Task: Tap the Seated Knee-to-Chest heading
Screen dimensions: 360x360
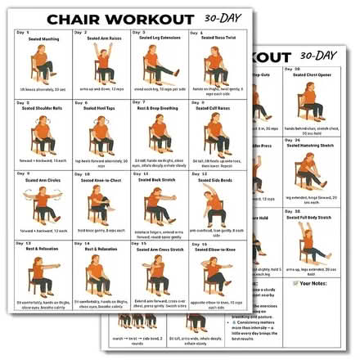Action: pyautogui.click(x=101, y=178)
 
